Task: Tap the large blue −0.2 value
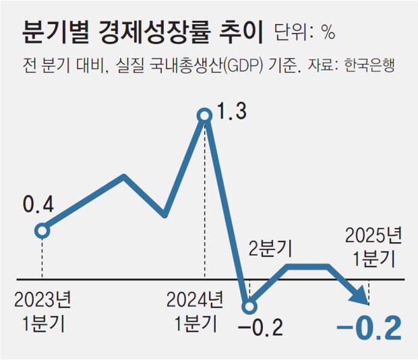click(368, 328)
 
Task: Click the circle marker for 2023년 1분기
click(42, 231)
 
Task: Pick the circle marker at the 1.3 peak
click(205, 116)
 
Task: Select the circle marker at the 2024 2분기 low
click(249, 307)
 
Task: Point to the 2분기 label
click(270, 249)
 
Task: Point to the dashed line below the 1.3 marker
click(205, 202)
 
